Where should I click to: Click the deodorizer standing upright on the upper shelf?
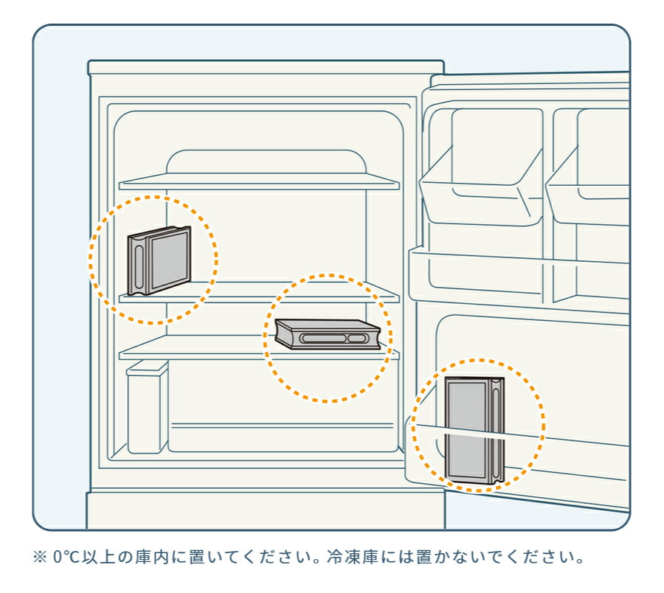tap(159, 260)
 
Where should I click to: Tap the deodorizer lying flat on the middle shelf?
tap(327, 333)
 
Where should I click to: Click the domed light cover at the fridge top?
tap(266, 162)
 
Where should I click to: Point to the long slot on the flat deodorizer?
tap(320, 338)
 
